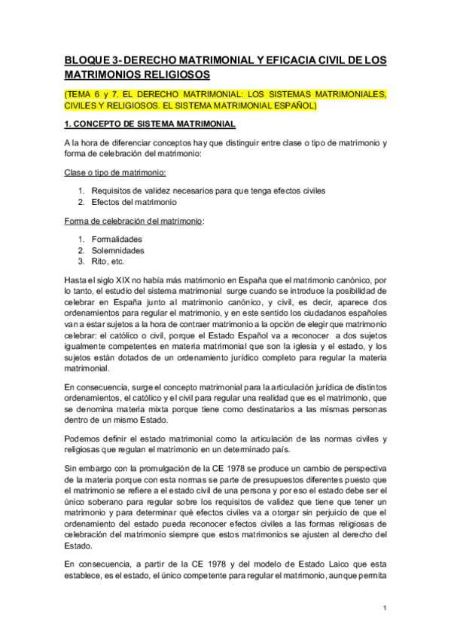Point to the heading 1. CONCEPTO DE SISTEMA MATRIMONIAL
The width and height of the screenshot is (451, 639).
pos(150,123)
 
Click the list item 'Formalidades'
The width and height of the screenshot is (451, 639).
pos(116,239)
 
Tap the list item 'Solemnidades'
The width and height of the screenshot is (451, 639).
pos(117,250)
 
